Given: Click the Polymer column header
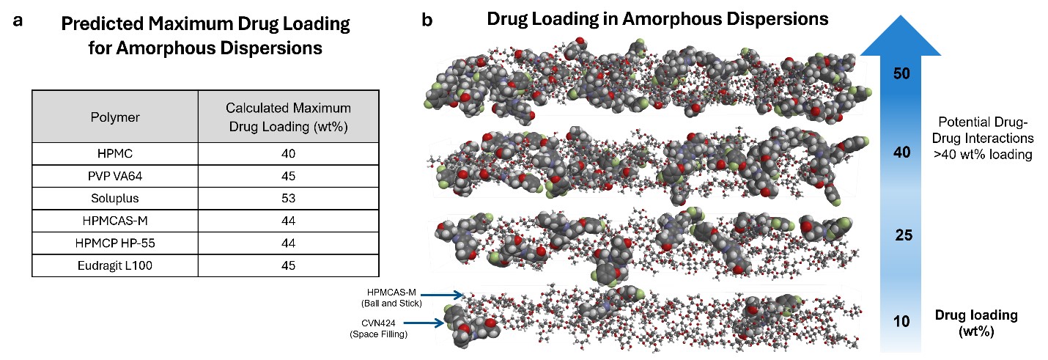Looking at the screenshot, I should (x=115, y=117).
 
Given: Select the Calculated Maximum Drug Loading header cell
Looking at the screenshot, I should (x=288, y=117).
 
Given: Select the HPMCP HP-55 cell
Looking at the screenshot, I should (x=115, y=243).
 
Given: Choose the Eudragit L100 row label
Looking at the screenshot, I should (x=115, y=265).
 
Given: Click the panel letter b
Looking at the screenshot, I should (x=427, y=21).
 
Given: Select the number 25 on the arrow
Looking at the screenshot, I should (x=902, y=235).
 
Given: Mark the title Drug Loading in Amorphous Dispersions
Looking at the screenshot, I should (x=658, y=20).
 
